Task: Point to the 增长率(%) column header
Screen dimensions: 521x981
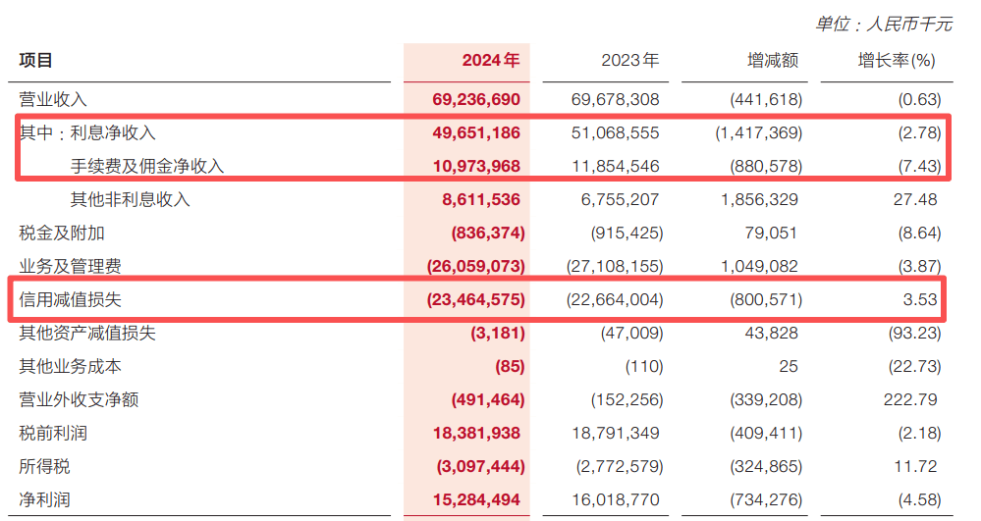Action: tap(897, 61)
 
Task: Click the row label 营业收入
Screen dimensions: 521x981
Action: tap(53, 99)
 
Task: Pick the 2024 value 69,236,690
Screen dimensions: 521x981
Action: tap(475, 99)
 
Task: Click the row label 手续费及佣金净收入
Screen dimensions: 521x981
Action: tap(147, 166)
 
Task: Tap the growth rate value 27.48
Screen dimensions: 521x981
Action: tap(917, 199)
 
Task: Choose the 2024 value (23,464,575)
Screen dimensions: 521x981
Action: tap(475, 299)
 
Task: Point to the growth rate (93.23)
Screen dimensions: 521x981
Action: tap(912, 333)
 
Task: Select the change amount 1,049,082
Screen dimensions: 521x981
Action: tap(758, 266)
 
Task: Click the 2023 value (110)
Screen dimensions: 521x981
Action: tap(644, 367)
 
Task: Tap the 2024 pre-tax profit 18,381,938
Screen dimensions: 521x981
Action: tap(475, 434)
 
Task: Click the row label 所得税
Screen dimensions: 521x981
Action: tap(44, 467)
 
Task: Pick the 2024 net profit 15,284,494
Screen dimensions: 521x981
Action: tap(475, 500)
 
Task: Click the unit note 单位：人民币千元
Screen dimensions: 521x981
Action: tap(884, 24)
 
